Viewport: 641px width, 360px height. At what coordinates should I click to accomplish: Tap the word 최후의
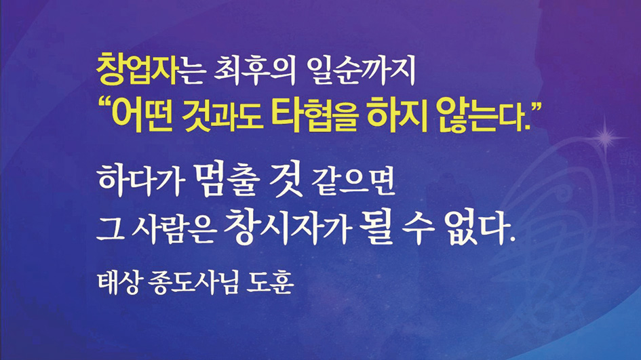click(254, 71)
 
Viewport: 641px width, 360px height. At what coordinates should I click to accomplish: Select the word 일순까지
click(361, 71)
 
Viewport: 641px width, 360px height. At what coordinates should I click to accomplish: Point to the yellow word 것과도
click(222, 115)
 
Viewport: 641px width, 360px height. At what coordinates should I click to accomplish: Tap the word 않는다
click(482, 115)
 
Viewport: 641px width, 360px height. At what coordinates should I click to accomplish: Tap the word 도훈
click(270, 282)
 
